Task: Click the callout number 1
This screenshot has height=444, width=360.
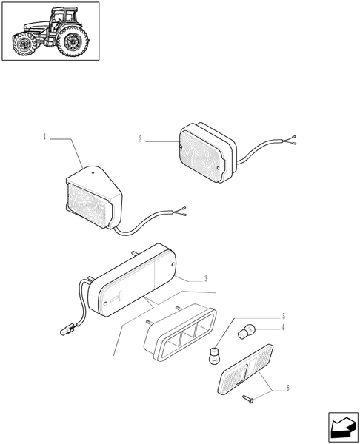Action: click(45, 137)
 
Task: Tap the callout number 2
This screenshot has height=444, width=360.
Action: click(139, 138)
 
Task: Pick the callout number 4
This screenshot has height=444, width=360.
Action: click(282, 326)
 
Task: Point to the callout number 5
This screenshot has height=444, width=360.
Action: click(282, 316)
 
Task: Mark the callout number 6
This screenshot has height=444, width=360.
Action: click(288, 388)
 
